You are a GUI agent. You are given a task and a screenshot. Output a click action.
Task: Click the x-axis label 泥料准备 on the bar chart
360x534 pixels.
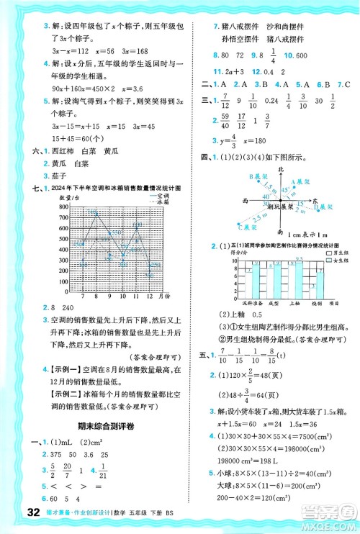point(238,303)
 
